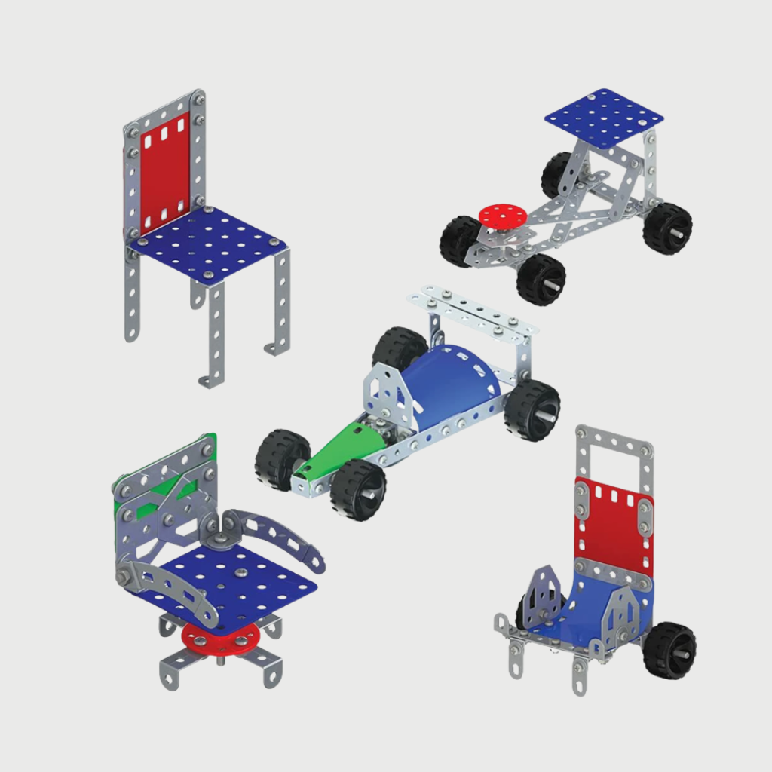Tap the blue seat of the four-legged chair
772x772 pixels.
tap(207, 245)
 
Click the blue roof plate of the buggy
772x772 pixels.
tap(603, 118)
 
